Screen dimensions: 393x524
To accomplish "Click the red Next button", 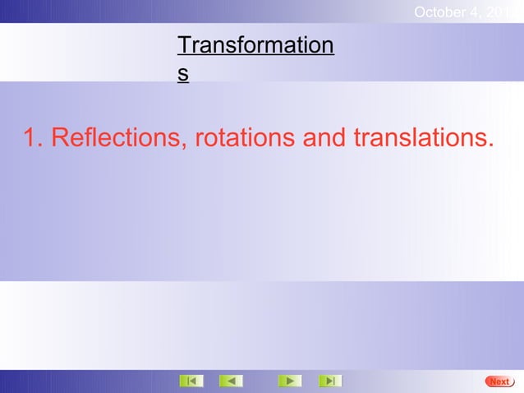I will [499, 381].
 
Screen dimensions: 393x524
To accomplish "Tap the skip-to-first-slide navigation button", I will [191, 381].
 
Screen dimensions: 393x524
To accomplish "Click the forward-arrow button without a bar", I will [289, 381].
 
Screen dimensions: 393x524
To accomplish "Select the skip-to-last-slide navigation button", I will [329, 381].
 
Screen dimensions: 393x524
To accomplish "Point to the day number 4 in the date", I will [476, 12].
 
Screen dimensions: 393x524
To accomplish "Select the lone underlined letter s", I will [183, 73].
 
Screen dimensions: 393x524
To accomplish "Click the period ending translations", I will [490, 146].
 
